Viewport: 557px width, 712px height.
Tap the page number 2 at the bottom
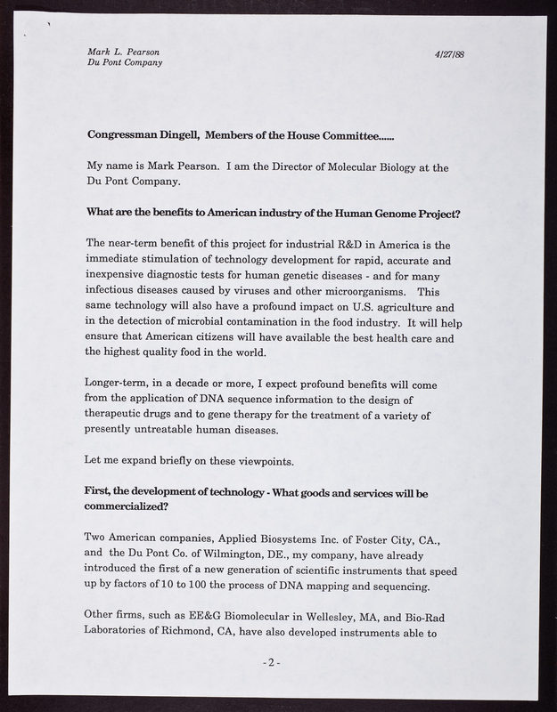[x=277, y=663]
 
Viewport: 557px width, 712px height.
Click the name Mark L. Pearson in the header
[x=124, y=52]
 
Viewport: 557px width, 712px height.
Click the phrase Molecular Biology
[x=351, y=166]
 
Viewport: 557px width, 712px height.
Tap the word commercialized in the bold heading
[x=127, y=507]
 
